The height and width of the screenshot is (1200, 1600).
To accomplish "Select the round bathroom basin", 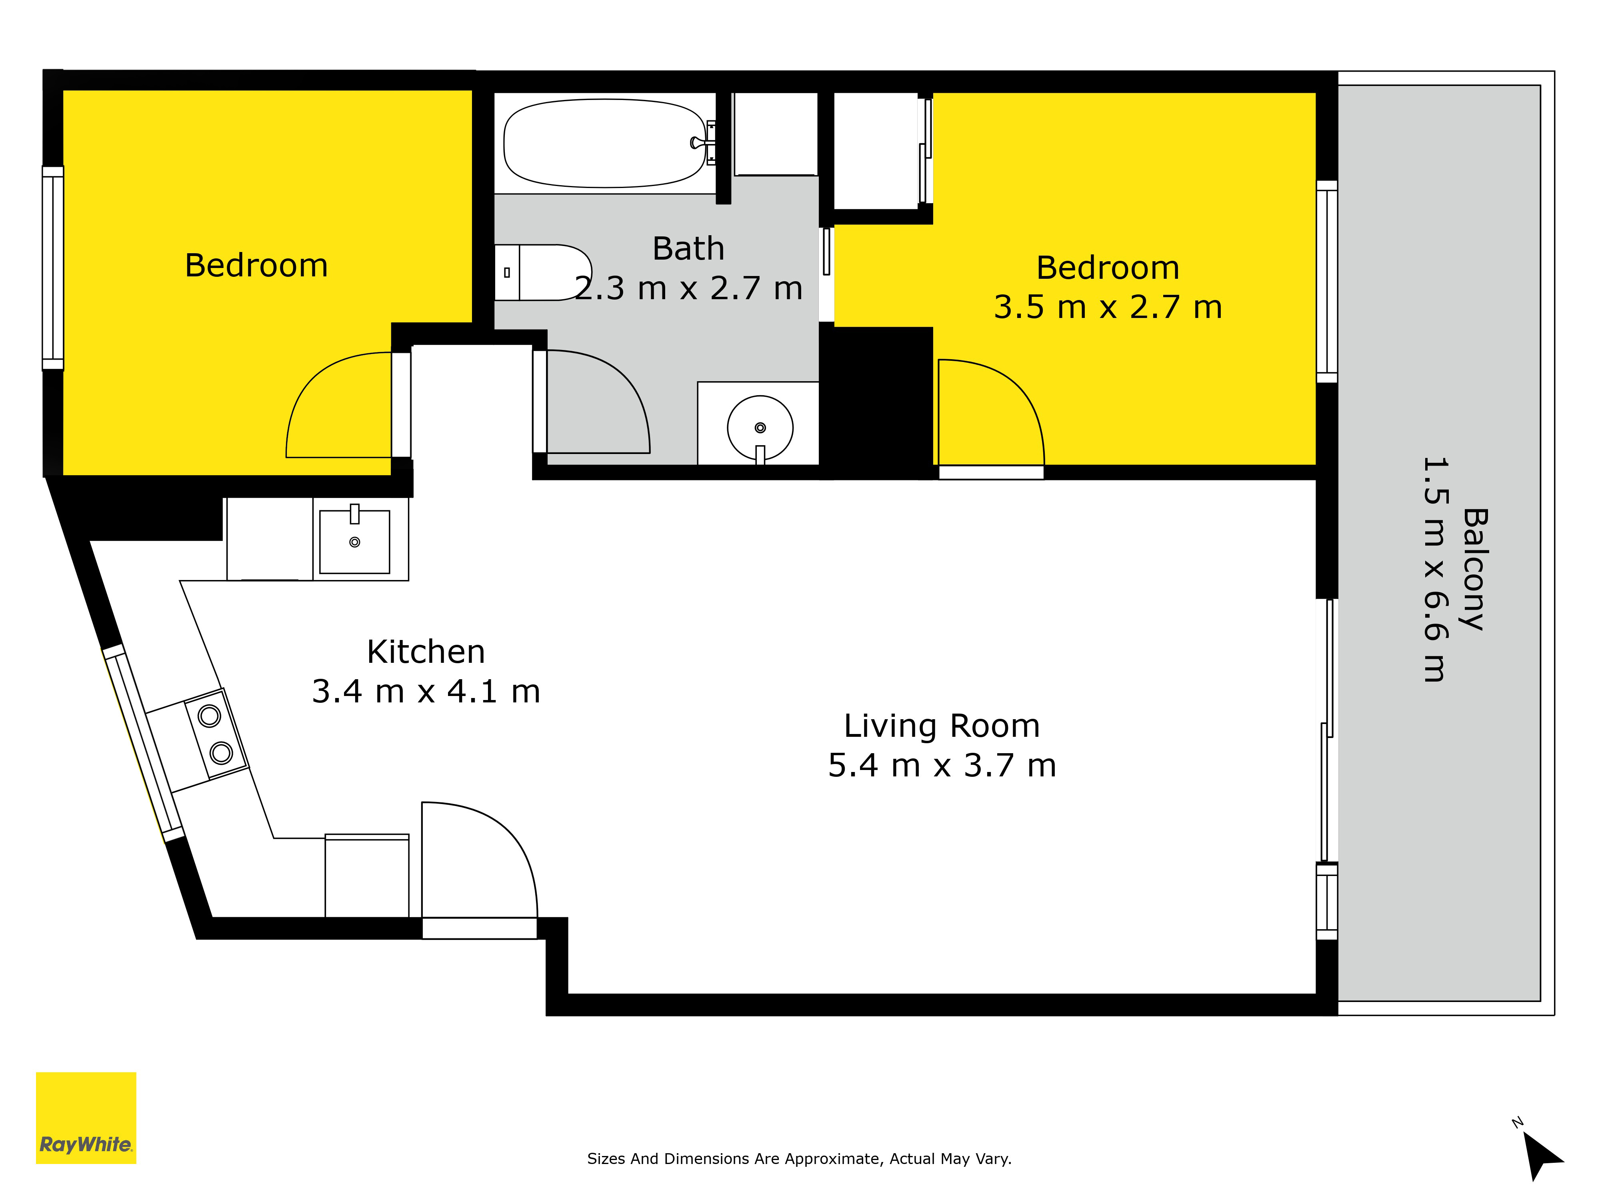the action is (x=760, y=428).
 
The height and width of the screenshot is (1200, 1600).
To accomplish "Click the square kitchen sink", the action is (x=354, y=542).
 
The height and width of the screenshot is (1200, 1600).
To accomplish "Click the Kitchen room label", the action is (x=426, y=652).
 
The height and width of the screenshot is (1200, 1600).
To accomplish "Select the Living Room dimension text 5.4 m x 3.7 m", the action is (x=942, y=765).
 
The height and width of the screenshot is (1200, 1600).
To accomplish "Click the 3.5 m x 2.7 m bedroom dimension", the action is (x=1108, y=307).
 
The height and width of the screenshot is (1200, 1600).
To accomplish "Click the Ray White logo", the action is (x=86, y=1118).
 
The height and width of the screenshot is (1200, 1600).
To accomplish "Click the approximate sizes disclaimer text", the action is (x=799, y=1159).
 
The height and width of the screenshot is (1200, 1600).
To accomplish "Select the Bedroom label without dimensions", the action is (x=256, y=266).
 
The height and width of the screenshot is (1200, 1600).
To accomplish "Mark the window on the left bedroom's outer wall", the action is (x=53, y=268).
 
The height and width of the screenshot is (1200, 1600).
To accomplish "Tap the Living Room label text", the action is (x=942, y=726).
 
